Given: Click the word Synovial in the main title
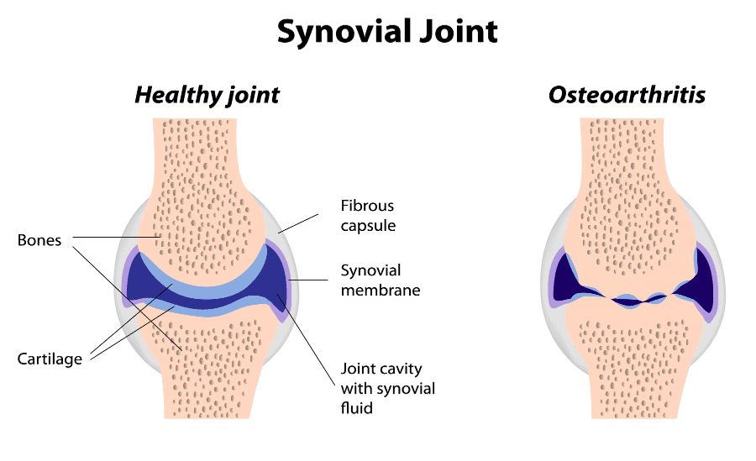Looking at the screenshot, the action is click(x=344, y=32).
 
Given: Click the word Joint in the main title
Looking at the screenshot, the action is click(x=459, y=31).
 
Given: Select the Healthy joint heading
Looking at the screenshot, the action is click(x=207, y=95).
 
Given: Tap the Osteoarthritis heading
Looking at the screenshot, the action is click(x=627, y=95).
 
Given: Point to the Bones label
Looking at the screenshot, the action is click(x=39, y=240).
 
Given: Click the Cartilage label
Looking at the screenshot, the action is click(x=50, y=359).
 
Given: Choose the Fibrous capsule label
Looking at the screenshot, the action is click(x=368, y=216).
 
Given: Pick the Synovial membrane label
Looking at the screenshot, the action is click(x=381, y=280).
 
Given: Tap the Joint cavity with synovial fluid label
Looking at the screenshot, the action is click(x=387, y=388).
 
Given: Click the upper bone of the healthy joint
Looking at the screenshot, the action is click(x=202, y=202).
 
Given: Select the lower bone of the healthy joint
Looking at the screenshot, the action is click(x=208, y=366).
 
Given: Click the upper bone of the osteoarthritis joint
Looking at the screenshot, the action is click(x=627, y=202).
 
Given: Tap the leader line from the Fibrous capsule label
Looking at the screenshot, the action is click(x=298, y=223).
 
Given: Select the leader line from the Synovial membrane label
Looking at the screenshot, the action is click(x=307, y=280).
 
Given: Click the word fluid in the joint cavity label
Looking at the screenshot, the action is click(x=357, y=408).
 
